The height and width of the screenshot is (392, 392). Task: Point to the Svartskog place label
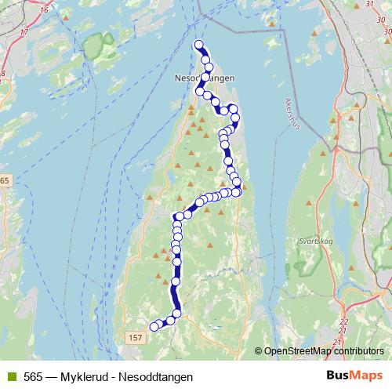(317, 242)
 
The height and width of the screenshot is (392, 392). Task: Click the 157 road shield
(135, 336)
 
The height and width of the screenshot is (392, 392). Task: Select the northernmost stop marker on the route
(198, 45)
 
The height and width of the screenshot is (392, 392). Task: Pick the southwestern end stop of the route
(154, 327)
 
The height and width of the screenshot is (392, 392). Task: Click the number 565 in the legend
(33, 376)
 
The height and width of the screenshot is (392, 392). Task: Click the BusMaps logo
(357, 376)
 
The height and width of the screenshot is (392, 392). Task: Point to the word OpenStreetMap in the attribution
(299, 351)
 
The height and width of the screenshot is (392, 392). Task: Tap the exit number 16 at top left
(43, 10)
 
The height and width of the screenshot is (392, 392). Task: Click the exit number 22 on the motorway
(344, 322)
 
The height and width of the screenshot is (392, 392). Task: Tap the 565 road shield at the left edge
(5, 181)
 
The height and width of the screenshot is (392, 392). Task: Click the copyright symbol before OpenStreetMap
(259, 351)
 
